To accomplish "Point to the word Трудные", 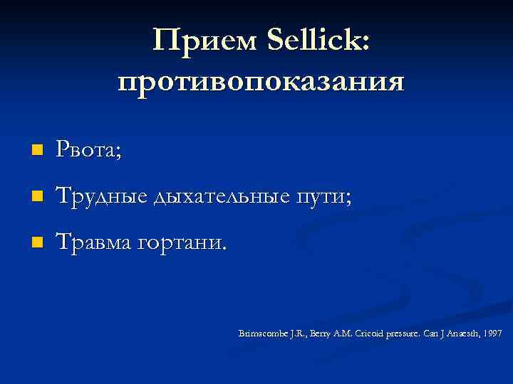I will pos(100,196).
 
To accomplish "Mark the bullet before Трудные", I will pos(38,196).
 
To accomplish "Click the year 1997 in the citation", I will pos(492,333).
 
